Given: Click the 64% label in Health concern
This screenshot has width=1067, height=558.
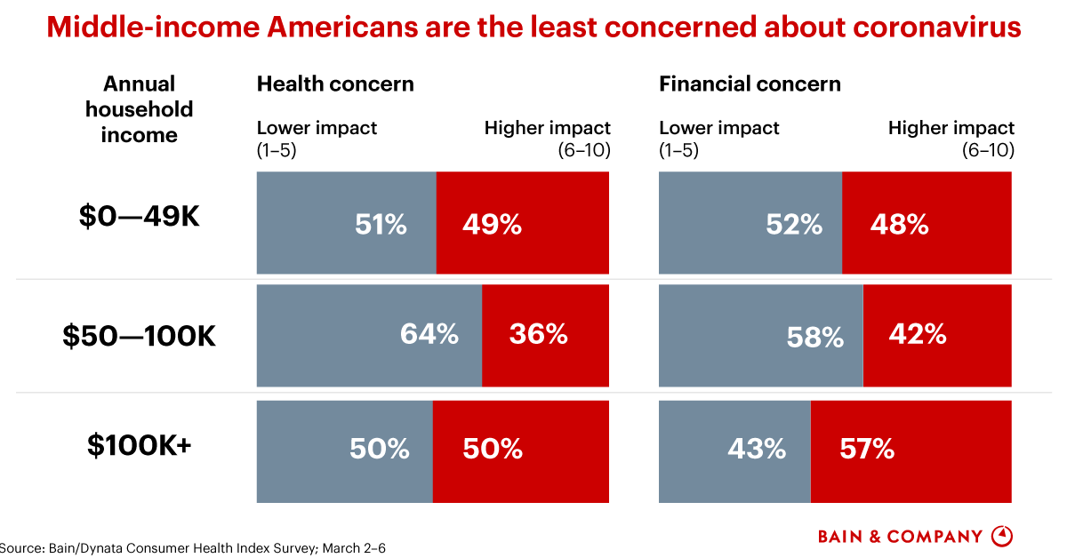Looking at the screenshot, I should tap(429, 334).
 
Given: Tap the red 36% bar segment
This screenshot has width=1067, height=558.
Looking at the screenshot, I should tap(545, 335).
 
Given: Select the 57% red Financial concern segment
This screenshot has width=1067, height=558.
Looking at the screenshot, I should tap(911, 450).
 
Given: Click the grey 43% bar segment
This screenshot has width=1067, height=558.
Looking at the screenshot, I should tap(734, 450).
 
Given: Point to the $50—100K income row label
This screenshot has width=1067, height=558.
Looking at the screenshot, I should tap(140, 337).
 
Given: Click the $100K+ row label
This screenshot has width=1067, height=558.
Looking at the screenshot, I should tap(140, 445).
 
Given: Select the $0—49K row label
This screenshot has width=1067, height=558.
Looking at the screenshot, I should tap(140, 216).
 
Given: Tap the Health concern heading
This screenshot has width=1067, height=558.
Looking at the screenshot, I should tap(335, 84).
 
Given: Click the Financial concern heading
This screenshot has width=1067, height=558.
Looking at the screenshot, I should tap(750, 84).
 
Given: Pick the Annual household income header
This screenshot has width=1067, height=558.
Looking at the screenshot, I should tap(140, 109).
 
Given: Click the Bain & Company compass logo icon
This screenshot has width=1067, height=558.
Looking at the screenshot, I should tap(1002, 536).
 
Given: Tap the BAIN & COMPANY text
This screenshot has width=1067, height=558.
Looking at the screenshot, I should tap(900, 537).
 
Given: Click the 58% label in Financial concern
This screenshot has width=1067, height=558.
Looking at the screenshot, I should tap(815, 337).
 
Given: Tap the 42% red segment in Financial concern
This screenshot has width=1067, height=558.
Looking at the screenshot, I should tap(936, 335).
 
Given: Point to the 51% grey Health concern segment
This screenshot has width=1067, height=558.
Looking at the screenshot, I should tap(347, 223).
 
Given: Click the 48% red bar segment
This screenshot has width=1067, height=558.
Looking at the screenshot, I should tap(926, 223).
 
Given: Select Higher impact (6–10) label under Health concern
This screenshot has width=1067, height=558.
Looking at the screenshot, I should tap(548, 139).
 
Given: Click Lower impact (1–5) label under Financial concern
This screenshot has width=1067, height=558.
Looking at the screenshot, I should tap(718, 139).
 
